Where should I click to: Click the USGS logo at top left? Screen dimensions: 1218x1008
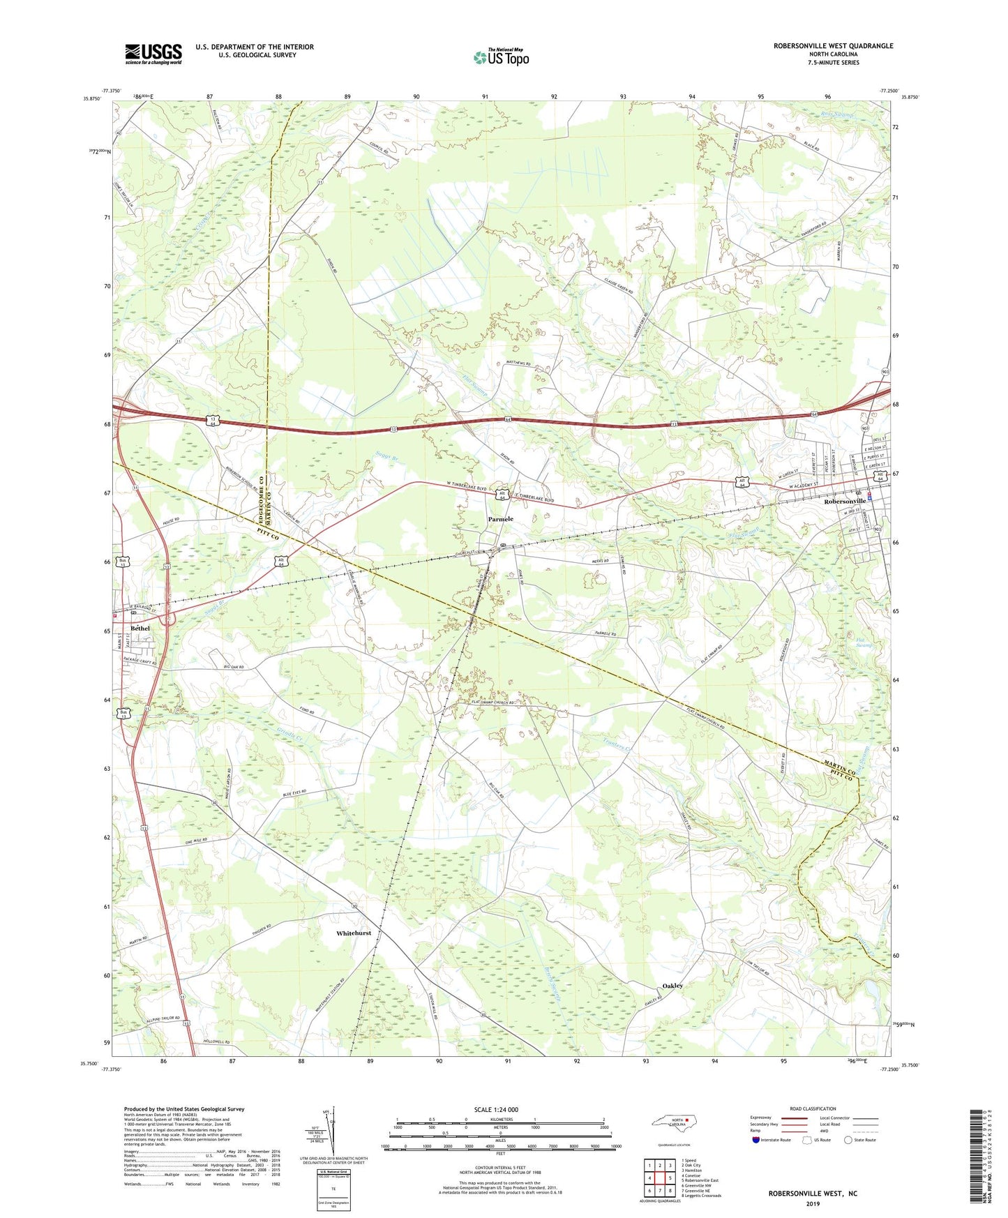[153, 54]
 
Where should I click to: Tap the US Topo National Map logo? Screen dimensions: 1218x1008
[500, 57]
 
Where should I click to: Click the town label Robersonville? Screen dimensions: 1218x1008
[845, 501]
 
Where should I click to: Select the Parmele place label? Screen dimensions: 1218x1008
[500, 519]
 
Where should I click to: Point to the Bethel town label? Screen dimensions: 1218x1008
[140, 628]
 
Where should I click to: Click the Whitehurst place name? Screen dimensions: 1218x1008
[354, 933]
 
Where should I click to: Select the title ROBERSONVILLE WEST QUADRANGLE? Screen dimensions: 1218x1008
[833, 46]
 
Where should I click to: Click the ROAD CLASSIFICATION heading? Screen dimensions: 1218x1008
[812, 1108]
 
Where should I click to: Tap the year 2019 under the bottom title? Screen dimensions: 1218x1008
[813, 1204]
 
